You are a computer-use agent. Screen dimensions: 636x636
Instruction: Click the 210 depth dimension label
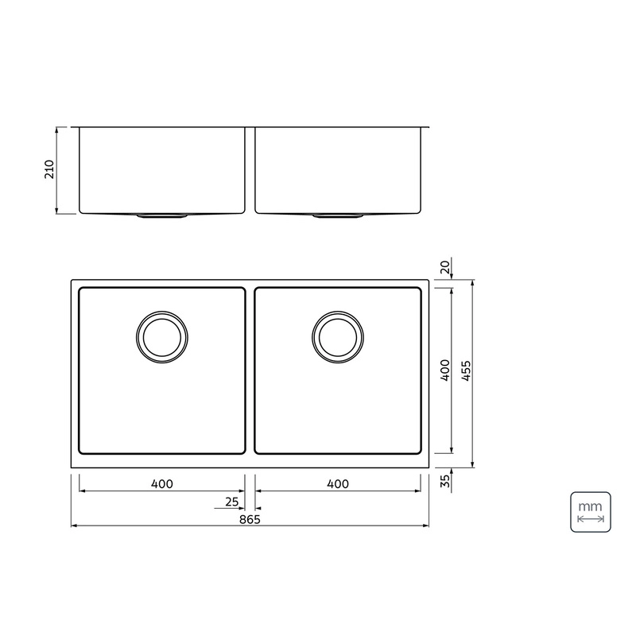(x=49, y=169)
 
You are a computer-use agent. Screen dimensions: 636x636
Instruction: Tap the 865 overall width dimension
(x=250, y=519)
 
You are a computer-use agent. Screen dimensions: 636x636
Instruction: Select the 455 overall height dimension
(x=467, y=370)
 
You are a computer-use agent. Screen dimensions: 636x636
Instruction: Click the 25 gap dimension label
(x=232, y=502)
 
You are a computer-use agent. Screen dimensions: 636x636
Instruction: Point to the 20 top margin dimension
(x=445, y=267)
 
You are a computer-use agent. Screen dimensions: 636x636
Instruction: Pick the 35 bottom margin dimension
(x=445, y=481)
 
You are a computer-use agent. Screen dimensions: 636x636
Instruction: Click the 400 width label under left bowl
(x=162, y=484)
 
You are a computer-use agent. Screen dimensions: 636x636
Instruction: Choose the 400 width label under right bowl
(x=337, y=484)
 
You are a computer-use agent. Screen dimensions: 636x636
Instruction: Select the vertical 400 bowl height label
(x=445, y=370)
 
